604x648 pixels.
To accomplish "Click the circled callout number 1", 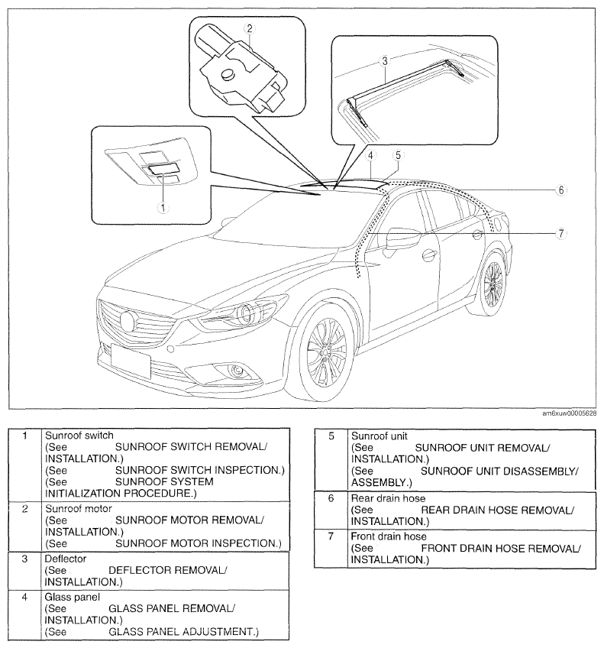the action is coord(163,208).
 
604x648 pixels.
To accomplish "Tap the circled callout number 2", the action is coord(249,28).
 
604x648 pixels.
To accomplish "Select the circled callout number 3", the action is coord(385,61).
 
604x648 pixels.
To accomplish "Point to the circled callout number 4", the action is coord(370,155).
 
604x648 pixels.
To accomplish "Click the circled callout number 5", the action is coord(398,155).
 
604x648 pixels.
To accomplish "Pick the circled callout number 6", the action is coord(560,190).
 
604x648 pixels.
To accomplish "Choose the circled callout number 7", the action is coord(560,234).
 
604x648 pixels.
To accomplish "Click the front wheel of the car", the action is coord(325,353).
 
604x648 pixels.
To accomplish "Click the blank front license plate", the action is coord(131,361).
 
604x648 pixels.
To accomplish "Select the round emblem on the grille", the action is coord(128,322).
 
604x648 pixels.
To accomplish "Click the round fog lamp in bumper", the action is coord(237,371).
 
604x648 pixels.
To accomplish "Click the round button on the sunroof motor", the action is coord(228,74).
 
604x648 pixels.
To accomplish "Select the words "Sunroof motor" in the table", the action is coord(79,509).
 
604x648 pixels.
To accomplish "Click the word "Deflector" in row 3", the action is coord(65,559).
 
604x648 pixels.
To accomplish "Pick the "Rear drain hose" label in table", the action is coord(388,498).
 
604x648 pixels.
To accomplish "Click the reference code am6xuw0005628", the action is coord(570,413).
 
